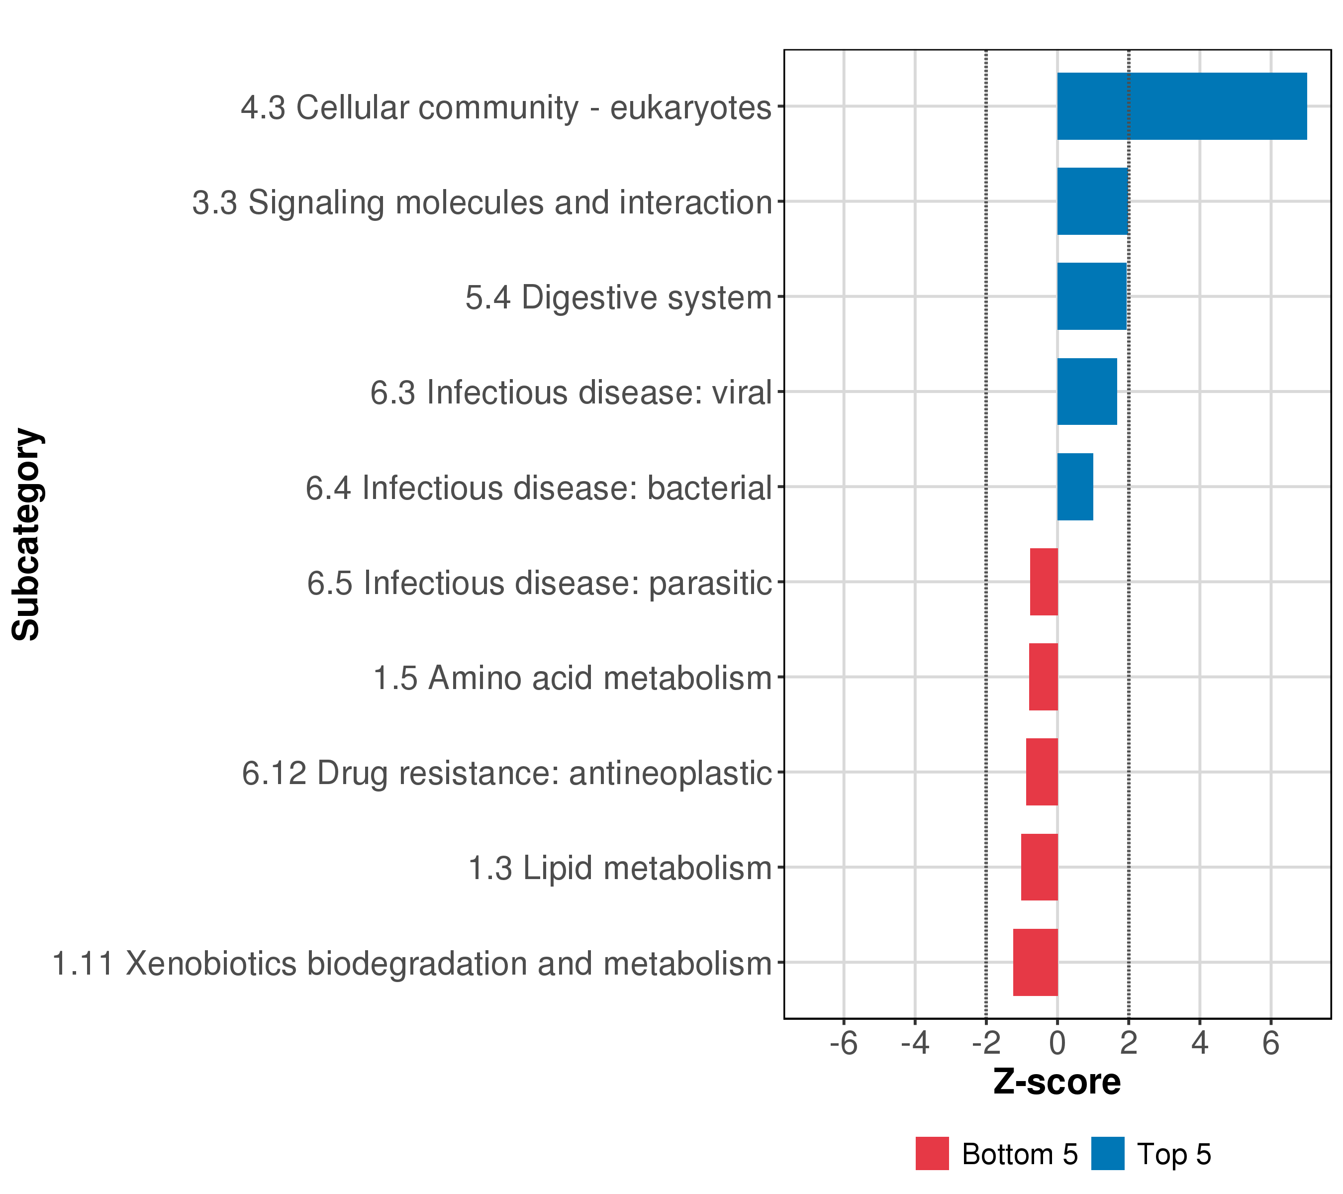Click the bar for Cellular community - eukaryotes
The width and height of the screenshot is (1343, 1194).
(1181, 106)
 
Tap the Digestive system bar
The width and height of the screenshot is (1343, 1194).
(1091, 297)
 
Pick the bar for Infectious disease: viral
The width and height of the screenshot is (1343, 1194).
(1087, 392)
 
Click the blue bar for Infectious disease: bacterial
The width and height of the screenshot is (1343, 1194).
(1075, 487)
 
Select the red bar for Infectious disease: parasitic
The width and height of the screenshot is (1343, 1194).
(1044, 582)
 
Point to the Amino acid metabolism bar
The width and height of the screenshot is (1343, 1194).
(1044, 677)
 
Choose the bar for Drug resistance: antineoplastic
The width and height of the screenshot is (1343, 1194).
(1042, 772)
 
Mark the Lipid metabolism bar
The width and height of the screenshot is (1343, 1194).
(1040, 868)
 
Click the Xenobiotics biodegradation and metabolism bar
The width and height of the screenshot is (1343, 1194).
(1036, 962)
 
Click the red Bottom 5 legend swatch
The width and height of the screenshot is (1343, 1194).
(932, 1154)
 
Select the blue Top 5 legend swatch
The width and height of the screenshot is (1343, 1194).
(1108, 1154)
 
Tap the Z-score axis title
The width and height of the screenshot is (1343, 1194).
(1056, 1082)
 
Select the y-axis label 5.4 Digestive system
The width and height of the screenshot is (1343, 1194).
(618, 298)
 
